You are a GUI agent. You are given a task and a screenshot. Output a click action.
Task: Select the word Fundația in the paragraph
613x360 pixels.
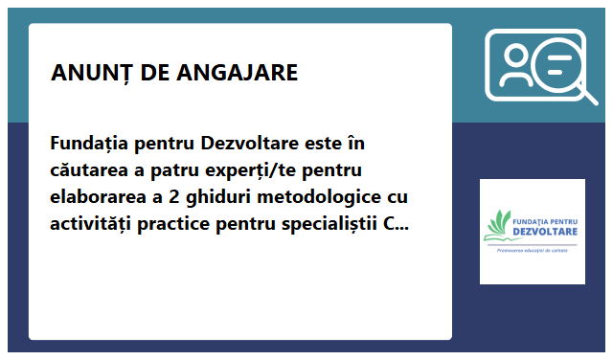tap(90, 145)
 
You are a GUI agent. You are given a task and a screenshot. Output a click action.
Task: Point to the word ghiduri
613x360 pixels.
tap(222, 198)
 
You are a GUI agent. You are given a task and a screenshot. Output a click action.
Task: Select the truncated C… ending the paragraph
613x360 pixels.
tap(396, 225)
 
